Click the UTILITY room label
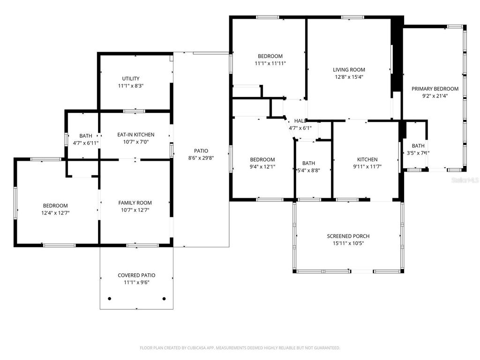point(131,79)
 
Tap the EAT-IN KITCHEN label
point(135,135)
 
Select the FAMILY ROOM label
point(135,203)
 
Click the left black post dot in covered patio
point(110,299)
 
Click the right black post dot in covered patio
point(164,299)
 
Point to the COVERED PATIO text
point(136,275)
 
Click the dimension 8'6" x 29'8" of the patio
point(201,158)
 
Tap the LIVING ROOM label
point(349,70)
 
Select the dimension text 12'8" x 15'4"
point(349,77)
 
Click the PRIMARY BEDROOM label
point(435,89)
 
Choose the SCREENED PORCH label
point(348,236)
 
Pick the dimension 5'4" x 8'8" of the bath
point(308,170)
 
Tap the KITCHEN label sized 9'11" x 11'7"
point(367,159)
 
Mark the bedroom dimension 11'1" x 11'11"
point(270,63)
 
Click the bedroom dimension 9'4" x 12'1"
point(262,166)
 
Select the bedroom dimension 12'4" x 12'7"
point(55,213)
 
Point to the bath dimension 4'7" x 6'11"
point(86,143)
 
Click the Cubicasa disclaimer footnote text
point(240,348)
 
